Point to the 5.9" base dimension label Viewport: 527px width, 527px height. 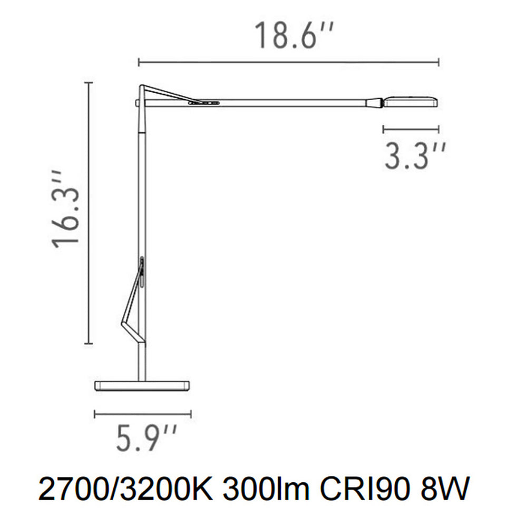(147, 439)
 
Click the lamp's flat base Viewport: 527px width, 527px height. (142, 385)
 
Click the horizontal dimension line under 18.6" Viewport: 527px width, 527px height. (289, 63)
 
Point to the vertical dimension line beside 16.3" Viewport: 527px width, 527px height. (89, 213)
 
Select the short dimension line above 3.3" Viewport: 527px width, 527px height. (411, 129)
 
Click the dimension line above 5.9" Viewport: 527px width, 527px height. (142, 414)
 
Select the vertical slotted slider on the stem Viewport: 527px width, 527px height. (142, 272)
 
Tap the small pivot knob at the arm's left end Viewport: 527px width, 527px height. (137, 102)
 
